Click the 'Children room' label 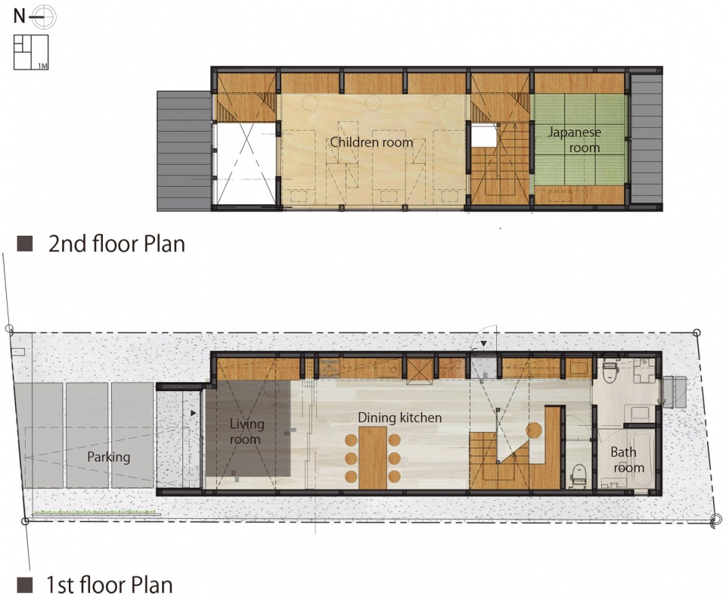click(x=371, y=141)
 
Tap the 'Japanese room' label click(x=575, y=140)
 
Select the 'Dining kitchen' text click(x=399, y=417)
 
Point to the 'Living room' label click(x=247, y=431)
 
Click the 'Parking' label click(x=108, y=458)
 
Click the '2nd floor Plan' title click(x=116, y=244)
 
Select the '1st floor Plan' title click(x=109, y=585)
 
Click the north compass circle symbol click(x=45, y=17)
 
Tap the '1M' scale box click(x=31, y=52)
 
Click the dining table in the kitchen click(x=373, y=458)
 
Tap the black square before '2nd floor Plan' click(x=24, y=244)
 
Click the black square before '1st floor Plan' click(x=24, y=585)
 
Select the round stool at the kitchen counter click(x=534, y=430)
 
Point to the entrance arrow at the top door click(x=483, y=344)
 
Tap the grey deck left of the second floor click(x=185, y=151)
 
